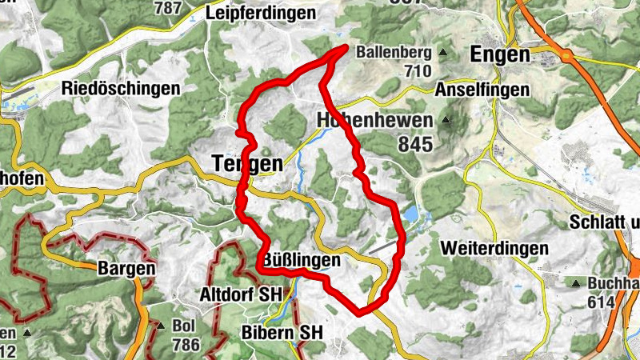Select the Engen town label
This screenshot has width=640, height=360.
point(501,54)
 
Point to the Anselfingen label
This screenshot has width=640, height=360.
point(482,90)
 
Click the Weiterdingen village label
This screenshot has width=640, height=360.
point(494,248)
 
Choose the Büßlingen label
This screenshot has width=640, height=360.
point(302,261)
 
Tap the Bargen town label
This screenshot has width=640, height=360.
point(126,268)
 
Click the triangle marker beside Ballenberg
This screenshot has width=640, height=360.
point(442,54)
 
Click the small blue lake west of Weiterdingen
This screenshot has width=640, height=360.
point(410,214)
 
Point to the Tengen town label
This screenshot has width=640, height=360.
point(247,163)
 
